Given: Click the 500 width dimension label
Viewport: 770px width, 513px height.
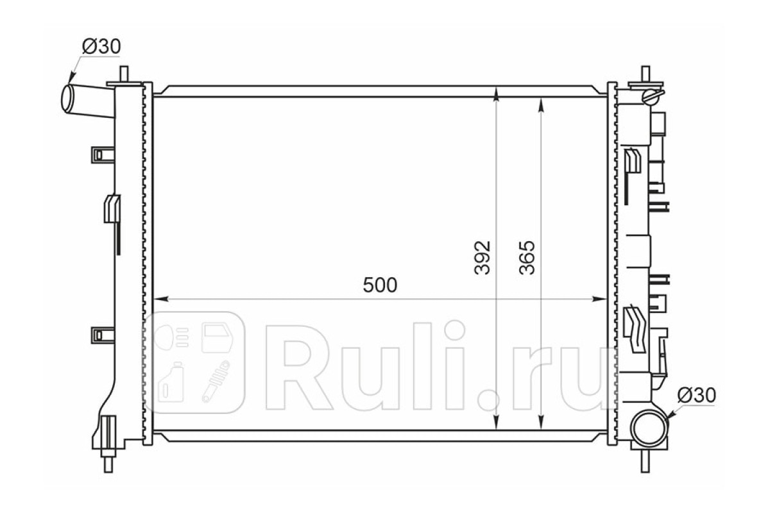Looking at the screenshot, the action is point(380,285).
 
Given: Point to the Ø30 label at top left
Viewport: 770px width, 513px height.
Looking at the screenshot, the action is point(101,46).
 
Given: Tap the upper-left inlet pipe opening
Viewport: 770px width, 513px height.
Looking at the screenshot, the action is point(67,98).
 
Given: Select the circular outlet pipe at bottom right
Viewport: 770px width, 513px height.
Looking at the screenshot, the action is point(649,428).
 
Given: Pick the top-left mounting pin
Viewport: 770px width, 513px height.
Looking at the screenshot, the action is point(124,74).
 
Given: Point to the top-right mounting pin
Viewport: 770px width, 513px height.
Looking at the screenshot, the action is point(646,74).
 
